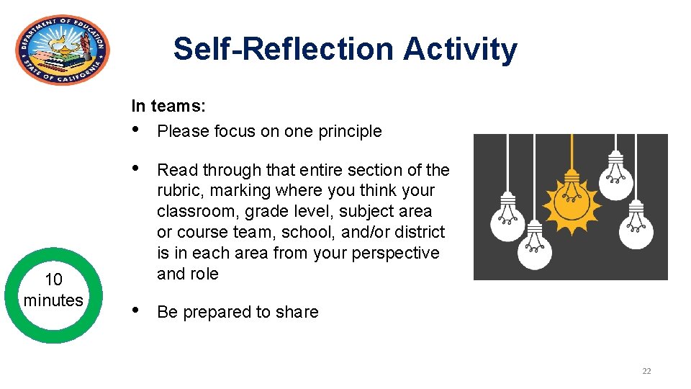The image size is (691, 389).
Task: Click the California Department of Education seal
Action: click(x=63, y=50)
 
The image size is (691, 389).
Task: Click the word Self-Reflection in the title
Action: click(x=284, y=50)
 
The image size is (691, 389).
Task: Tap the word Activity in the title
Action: click(x=460, y=50)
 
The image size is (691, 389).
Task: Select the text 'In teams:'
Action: click(x=168, y=107)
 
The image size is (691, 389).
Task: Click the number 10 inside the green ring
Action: click(x=53, y=280)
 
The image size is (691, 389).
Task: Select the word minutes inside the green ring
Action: click(x=53, y=300)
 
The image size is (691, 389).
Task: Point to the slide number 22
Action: click(x=646, y=371)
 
